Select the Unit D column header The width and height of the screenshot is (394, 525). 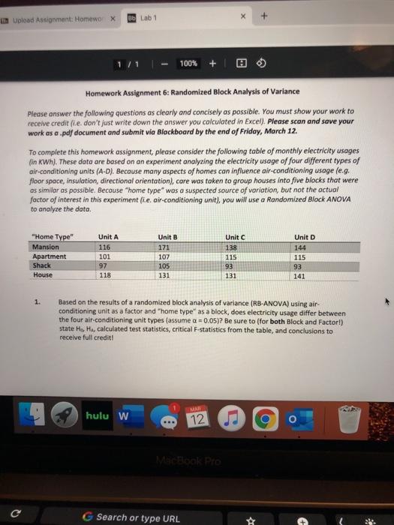(305, 237)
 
